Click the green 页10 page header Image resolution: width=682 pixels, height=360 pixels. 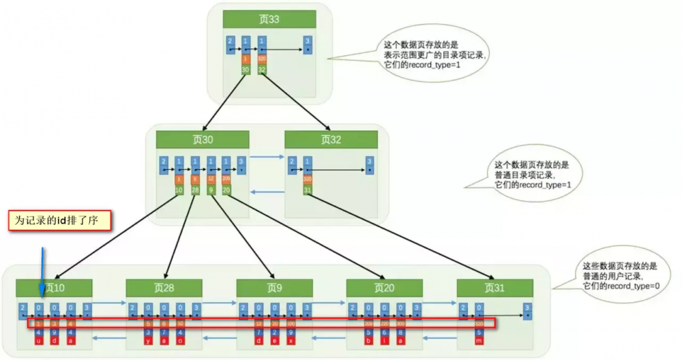click(54, 288)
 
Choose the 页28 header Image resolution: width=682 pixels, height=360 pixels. click(164, 288)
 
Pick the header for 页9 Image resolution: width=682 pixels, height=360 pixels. click(274, 288)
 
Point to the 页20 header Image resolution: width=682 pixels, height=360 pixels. click(384, 288)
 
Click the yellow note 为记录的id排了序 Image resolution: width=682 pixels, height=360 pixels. click(59, 220)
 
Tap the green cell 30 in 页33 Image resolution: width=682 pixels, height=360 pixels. click(246, 70)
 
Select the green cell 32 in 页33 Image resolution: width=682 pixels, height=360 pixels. click(262, 70)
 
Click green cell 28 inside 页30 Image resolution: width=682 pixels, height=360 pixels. click(195, 189)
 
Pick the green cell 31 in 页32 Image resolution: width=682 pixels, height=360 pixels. click(308, 189)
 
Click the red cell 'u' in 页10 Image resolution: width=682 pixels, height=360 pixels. click(39, 340)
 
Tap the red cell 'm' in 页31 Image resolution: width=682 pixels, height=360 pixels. click(479, 340)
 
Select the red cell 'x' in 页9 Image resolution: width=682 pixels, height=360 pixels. click(291, 340)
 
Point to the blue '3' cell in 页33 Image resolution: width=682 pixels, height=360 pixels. click(308, 45)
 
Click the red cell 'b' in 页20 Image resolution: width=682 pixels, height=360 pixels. click(369, 340)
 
